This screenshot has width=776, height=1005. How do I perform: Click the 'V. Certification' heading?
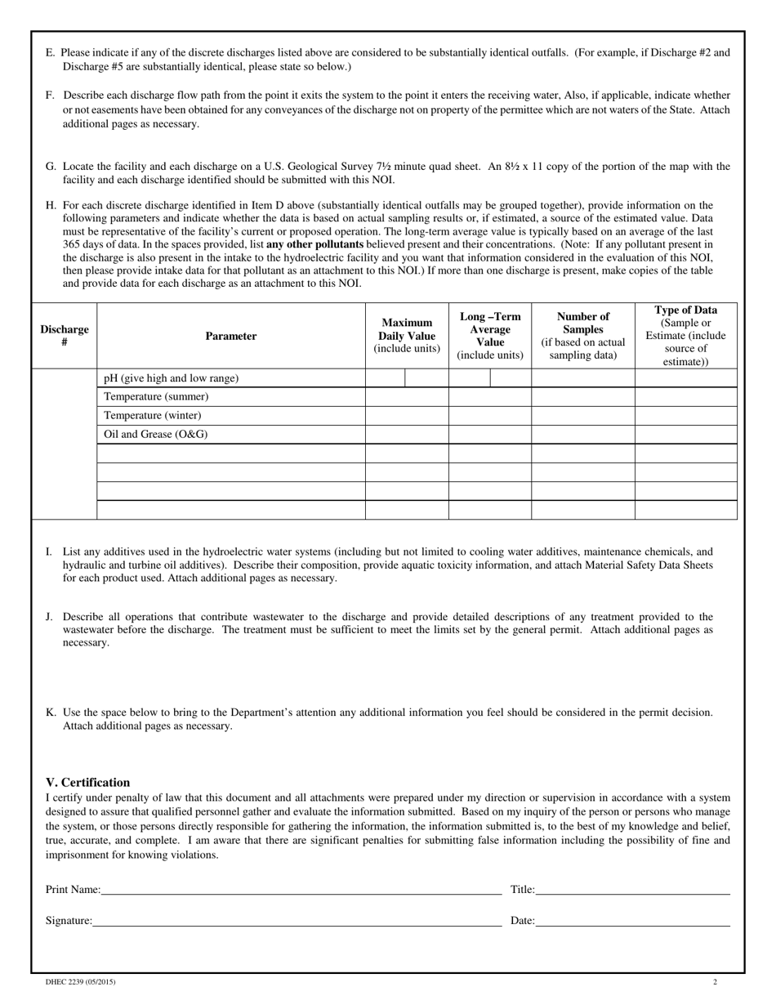click(x=87, y=782)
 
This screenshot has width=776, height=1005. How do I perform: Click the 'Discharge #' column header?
click(x=65, y=336)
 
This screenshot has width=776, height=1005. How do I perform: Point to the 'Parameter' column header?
click(x=231, y=336)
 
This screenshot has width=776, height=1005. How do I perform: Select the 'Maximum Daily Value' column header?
click(x=407, y=335)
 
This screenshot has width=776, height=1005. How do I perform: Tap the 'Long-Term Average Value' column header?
click(x=490, y=335)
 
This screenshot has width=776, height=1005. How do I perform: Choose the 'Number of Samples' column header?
click(x=583, y=335)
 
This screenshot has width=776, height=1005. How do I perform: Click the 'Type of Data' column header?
click(x=686, y=335)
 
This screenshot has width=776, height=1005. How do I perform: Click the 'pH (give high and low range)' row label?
click(x=172, y=378)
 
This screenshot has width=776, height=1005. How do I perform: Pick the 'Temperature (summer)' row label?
click(x=156, y=396)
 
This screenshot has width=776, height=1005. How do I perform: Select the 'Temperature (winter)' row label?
click(x=153, y=415)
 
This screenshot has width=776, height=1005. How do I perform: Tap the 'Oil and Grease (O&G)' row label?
click(x=156, y=434)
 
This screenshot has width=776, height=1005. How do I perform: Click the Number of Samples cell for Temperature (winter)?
click(x=583, y=415)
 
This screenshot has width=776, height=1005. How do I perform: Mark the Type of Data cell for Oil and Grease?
click(x=686, y=434)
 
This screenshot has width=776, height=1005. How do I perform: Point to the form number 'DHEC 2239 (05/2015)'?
click(x=75, y=982)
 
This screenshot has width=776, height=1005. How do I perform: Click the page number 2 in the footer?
click(x=715, y=982)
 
